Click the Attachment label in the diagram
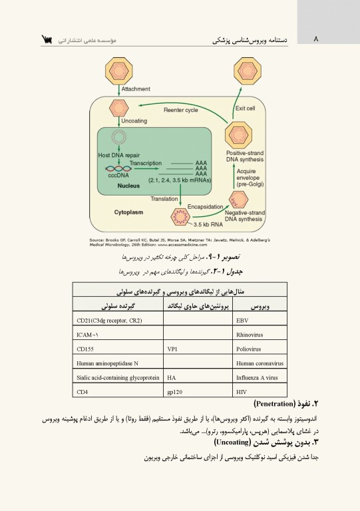(x=136, y=89)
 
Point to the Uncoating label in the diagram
(x=134, y=121)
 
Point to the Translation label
(x=164, y=199)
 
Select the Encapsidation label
(x=206, y=207)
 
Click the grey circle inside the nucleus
(x=119, y=138)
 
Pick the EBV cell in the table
(x=242, y=321)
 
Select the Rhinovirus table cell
(x=250, y=335)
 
